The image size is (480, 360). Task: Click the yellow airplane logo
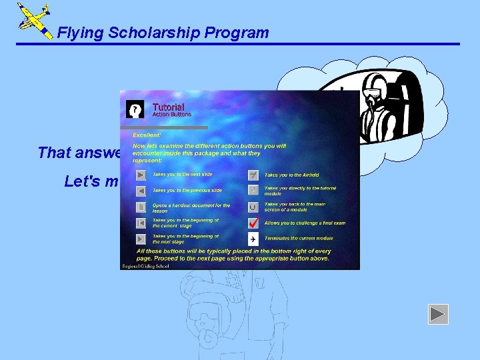pos(34,21)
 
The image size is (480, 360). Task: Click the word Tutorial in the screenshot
pos(168,107)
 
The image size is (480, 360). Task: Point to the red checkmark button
pos(253,223)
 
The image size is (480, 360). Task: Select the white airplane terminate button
pos(253,239)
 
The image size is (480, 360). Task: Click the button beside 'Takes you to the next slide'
pos(141,175)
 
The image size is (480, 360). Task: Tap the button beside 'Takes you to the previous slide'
pos(141,191)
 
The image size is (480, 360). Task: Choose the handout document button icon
pos(141,207)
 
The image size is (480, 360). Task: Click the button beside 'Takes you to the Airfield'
pos(253,175)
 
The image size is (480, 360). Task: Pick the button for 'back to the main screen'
pos(253,207)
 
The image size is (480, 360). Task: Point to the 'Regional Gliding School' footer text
pos(145,266)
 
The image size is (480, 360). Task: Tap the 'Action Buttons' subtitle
pos(171,115)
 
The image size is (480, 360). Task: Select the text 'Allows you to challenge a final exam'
pos(305,223)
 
